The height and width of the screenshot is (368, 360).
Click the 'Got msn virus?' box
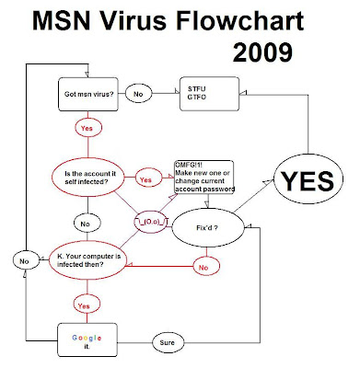point(88,94)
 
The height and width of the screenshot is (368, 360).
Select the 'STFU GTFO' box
point(209,94)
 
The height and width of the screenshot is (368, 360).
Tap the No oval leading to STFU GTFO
point(139,94)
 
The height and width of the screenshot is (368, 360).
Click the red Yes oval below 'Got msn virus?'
point(88,128)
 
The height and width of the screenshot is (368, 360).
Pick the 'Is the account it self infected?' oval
point(88,178)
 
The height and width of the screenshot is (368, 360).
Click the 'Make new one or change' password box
point(204,177)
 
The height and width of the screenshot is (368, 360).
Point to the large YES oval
point(308,179)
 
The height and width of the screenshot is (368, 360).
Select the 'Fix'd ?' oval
point(208,228)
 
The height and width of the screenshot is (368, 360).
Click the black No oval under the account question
point(87,224)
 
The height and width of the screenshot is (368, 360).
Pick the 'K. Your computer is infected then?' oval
point(87,260)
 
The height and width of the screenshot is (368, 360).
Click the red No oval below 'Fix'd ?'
point(206,267)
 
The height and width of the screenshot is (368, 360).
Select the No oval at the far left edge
point(26,261)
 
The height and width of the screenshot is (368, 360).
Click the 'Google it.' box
point(87,339)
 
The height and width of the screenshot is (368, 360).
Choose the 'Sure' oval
point(168,342)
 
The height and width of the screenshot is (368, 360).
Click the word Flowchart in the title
point(239,20)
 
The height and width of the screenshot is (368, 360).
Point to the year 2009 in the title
point(262,52)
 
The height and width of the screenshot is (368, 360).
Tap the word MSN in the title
point(62,20)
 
